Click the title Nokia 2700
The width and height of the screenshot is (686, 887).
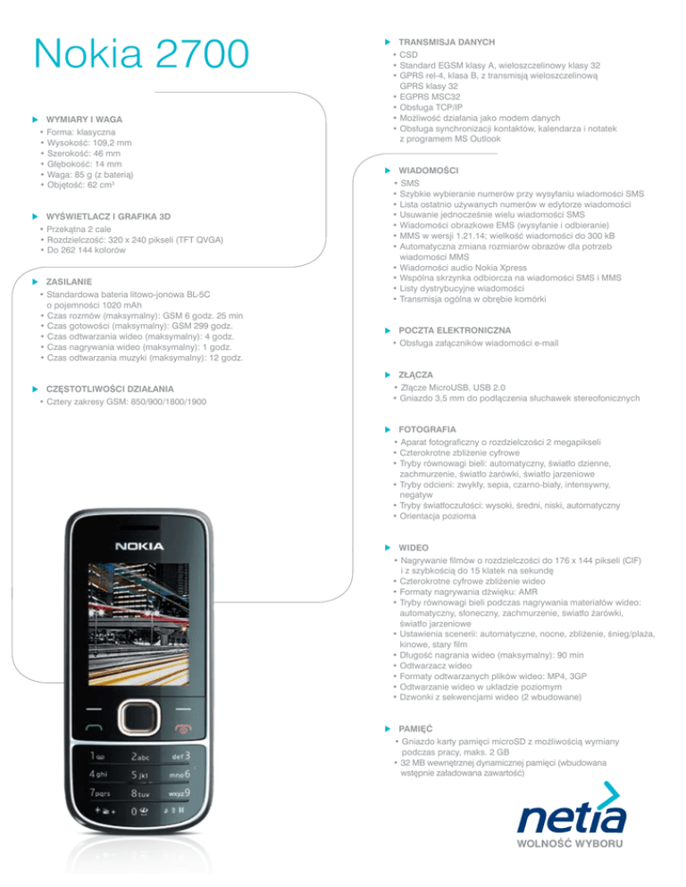tap(139, 55)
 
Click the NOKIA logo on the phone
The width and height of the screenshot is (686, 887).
tap(138, 545)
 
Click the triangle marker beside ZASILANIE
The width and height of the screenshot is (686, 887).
tap(35, 281)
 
